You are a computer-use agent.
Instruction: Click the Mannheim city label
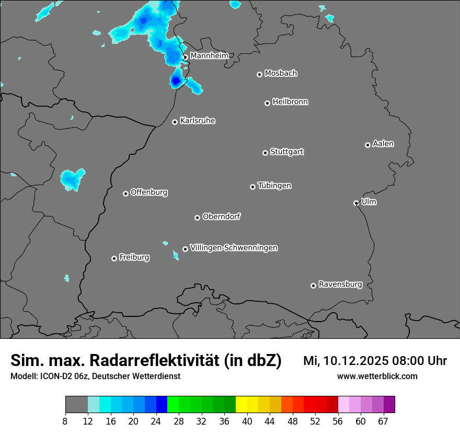[209, 55]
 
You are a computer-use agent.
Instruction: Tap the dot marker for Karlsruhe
[175, 122]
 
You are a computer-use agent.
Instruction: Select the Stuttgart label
[286, 152]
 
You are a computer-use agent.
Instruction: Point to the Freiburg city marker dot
[114, 258]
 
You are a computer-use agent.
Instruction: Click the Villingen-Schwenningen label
[234, 248]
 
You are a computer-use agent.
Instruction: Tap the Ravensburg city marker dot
[313, 285]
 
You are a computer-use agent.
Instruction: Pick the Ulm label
[369, 202]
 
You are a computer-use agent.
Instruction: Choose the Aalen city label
[383, 144]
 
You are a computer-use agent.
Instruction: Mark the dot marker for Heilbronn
[267, 103]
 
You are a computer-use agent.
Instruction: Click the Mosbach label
[281, 74]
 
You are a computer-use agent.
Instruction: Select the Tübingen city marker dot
[252, 187]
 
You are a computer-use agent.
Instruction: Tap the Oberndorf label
[222, 216]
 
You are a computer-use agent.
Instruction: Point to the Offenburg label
[149, 192]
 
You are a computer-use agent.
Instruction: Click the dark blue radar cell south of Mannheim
[176, 81]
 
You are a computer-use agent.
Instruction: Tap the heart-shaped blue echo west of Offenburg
[72, 179]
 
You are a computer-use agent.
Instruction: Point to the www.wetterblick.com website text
[377, 376]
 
